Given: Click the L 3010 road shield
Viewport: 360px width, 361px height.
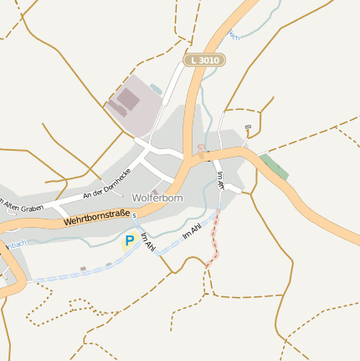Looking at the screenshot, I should click(x=204, y=60).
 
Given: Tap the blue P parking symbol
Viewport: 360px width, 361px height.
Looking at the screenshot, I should click(x=129, y=241).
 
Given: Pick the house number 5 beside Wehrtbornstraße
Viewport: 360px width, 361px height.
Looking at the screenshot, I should click(x=134, y=215).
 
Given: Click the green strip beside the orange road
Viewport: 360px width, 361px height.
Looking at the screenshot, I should click(x=274, y=166).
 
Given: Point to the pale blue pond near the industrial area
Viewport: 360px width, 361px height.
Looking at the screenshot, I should click(x=157, y=89).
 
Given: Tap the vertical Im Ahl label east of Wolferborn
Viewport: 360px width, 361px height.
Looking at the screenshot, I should click(x=221, y=180).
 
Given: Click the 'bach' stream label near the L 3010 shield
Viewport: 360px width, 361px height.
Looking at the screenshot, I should click(x=233, y=36).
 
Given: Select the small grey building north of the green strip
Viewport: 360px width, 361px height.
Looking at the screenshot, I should click(x=248, y=127).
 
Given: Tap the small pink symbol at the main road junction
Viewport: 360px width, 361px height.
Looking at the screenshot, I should click(x=201, y=148).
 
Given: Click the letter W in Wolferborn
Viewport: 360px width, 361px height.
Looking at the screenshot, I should click(x=136, y=198).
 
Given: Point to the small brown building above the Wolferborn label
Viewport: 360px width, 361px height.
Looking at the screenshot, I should click(x=154, y=191).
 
